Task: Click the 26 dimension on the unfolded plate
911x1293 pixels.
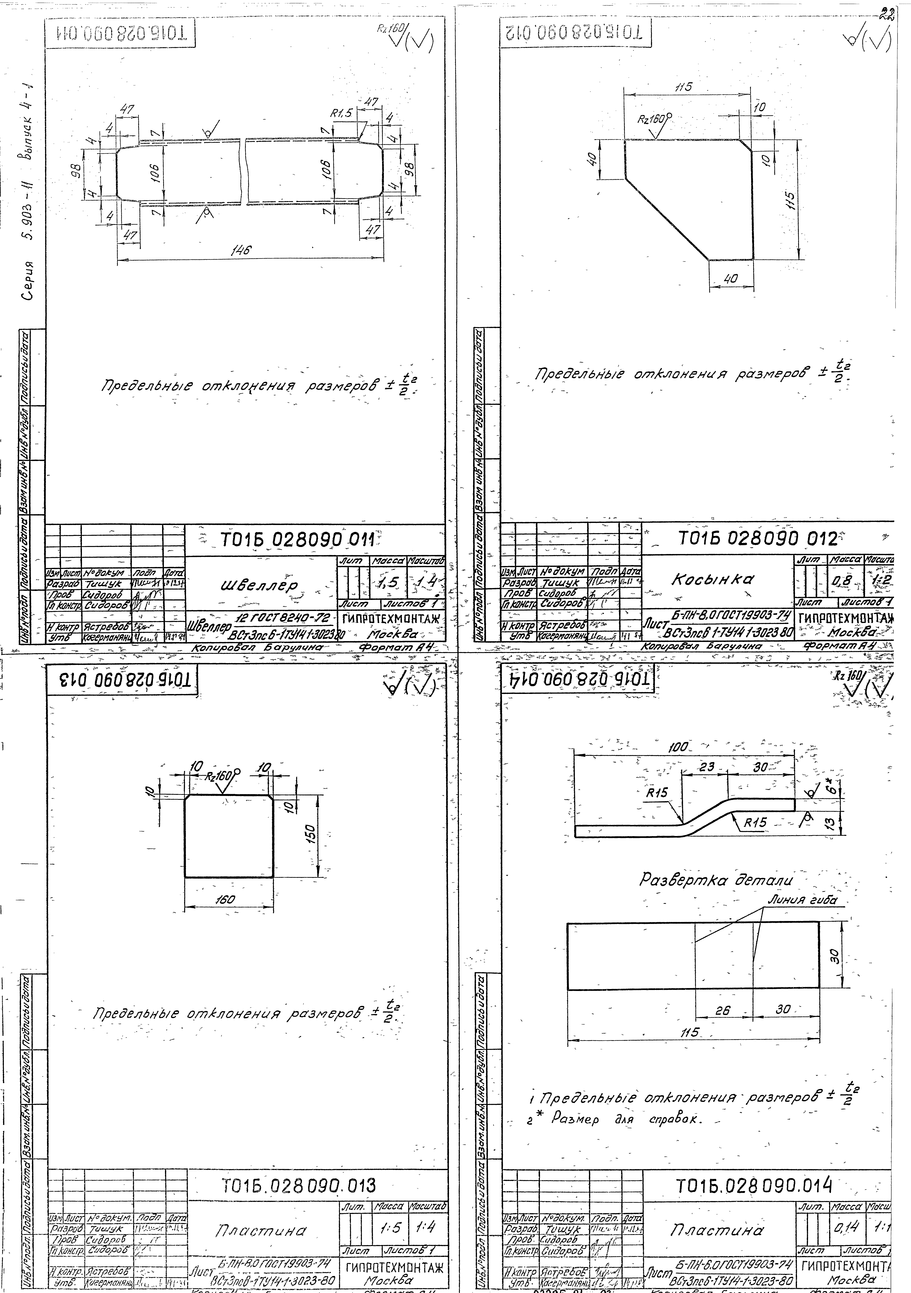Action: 722,1011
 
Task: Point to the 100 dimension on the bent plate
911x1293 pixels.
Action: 678,747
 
